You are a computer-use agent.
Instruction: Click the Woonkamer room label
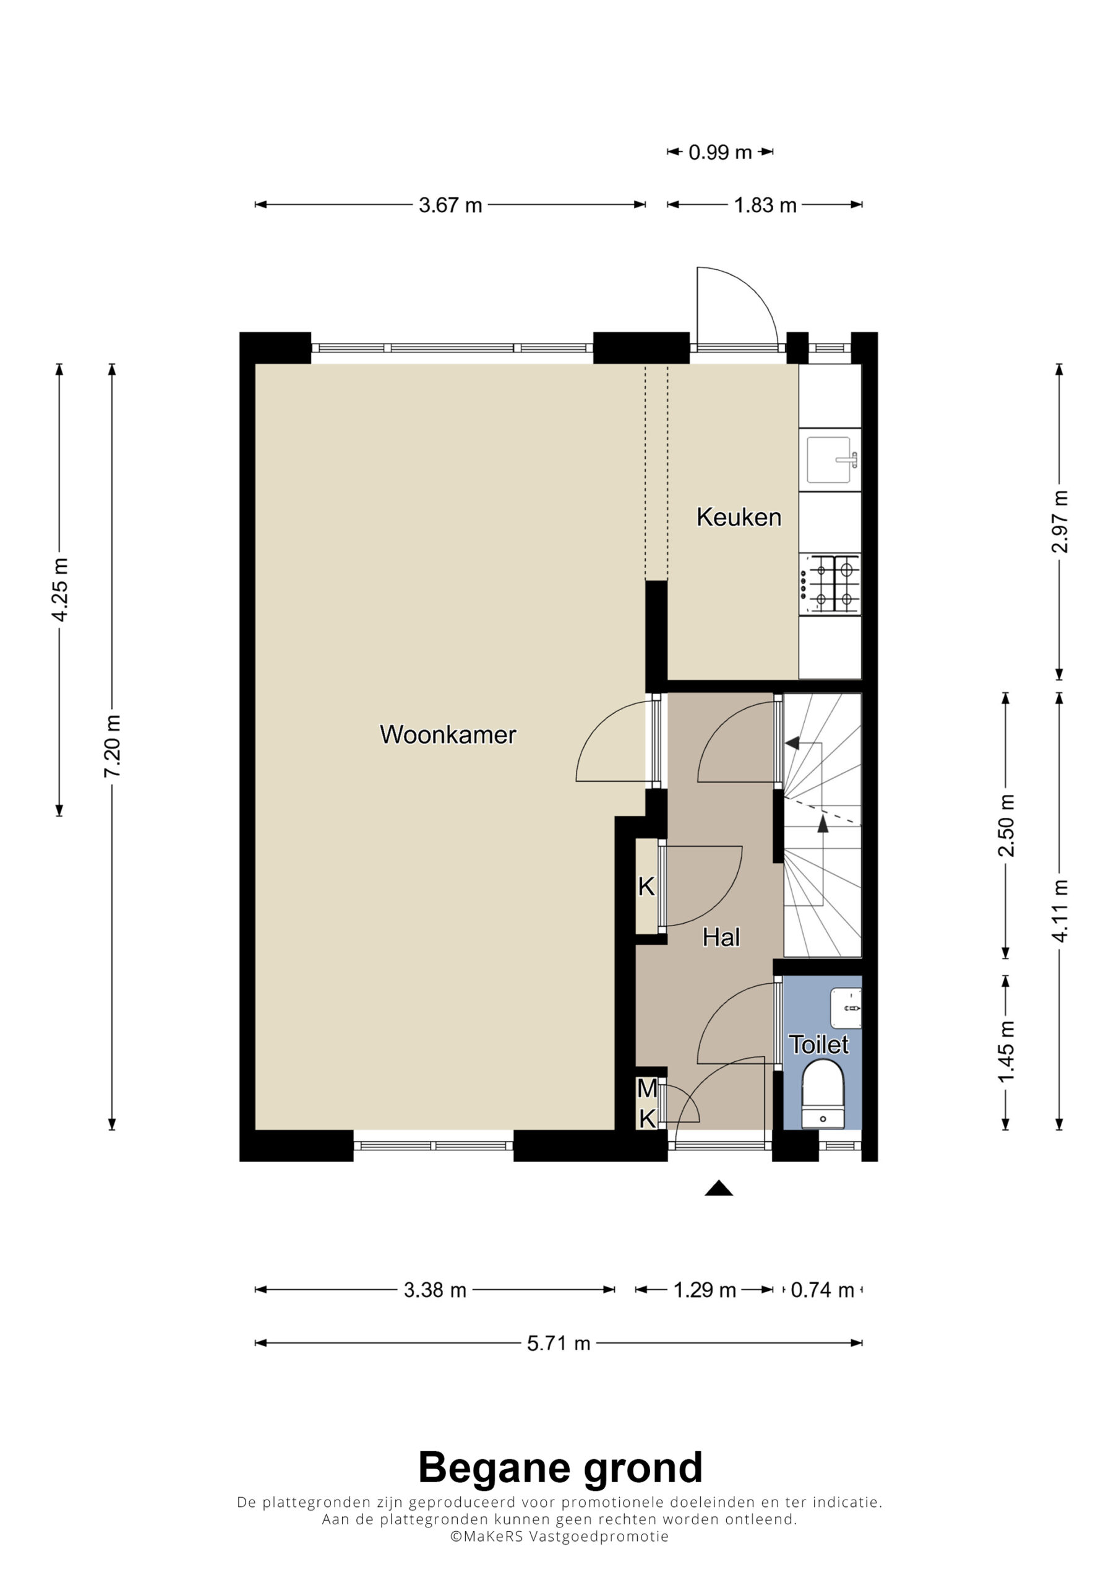click(448, 734)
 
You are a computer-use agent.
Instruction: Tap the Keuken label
click(739, 517)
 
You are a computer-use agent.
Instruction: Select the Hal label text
click(721, 937)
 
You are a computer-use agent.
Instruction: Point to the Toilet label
click(819, 1044)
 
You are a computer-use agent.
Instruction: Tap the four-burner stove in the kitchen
click(830, 584)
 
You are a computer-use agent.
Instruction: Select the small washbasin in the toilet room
click(846, 1009)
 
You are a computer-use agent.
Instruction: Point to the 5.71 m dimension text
click(559, 1344)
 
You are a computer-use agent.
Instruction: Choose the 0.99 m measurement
click(720, 152)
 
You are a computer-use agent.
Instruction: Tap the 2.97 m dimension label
click(1060, 522)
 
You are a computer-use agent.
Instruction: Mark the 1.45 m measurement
click(1006, 1051)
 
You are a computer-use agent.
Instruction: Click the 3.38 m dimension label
click(435, 1290)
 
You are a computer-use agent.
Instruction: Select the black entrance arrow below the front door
click(719, 1188)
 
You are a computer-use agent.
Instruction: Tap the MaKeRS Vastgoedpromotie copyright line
click(559, 1537)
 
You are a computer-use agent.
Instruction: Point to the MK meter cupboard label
click(647, 1103)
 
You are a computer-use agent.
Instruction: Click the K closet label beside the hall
click(646, 887)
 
